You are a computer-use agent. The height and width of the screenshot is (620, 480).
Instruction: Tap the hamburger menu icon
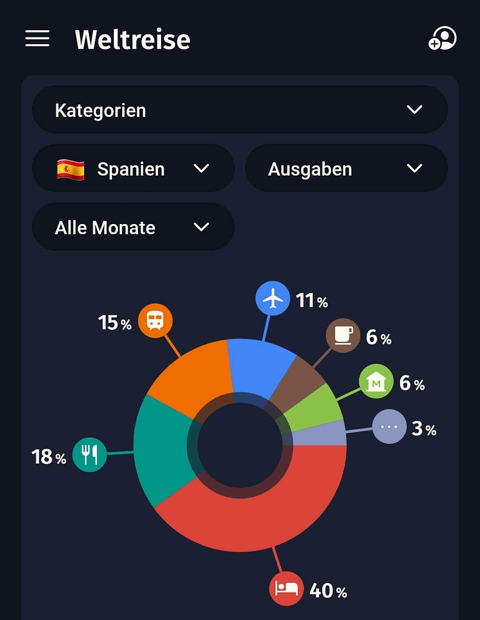(37, 39)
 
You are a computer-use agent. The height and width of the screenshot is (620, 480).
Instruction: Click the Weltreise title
(133, 40)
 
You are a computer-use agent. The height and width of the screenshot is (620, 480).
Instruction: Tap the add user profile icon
(442, 39)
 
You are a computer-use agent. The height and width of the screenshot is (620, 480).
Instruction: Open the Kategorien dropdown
(240, 110)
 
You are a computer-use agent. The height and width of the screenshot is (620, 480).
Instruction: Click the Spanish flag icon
(71, 169)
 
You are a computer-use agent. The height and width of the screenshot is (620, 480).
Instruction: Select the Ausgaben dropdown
(346, 169)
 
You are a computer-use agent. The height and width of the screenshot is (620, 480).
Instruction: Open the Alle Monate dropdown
(133, 228)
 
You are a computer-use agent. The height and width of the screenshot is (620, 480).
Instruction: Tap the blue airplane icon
(273, 298)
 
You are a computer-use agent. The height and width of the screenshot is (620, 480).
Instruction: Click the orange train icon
(155, 321)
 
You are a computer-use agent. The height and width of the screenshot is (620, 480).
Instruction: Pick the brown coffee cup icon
(343, 335)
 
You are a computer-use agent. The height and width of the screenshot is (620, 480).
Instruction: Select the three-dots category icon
(389, 427)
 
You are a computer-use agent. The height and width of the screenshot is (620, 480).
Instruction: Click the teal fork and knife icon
(90, 454)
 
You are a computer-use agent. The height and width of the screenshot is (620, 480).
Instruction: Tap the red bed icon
(286, 588)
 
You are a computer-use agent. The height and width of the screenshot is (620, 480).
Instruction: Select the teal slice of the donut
(161, 448)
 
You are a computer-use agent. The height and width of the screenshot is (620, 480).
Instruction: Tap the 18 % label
(49, 457)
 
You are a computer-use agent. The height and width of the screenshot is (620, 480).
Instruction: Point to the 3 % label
(424, 429)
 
